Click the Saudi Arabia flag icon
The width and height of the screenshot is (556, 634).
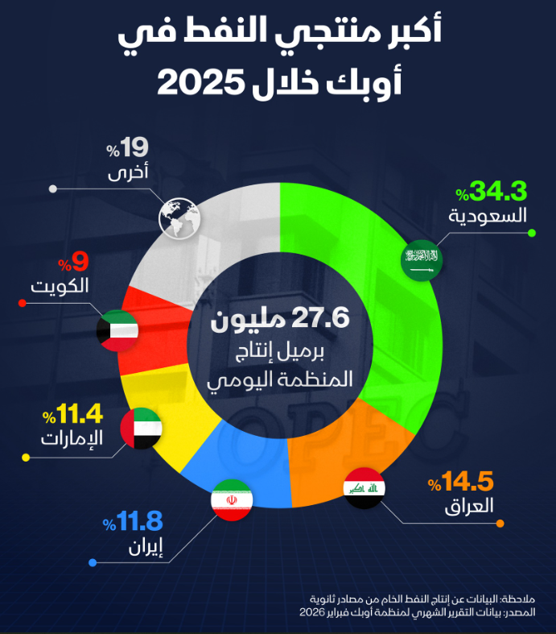tap(423, 259)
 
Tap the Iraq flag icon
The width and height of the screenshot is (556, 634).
tap(364, 488)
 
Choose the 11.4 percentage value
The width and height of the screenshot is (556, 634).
tap(79, 415)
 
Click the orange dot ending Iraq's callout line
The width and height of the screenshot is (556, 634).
tap(500, 524)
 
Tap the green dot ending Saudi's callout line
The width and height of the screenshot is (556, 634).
tap(532, 234)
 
